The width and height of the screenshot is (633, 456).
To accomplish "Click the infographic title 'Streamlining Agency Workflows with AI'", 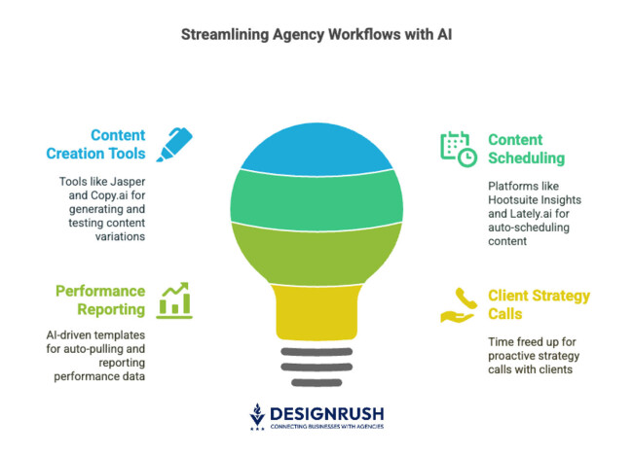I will [x=316, y=36].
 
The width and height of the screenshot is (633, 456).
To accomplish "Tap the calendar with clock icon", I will [x=457, y=148].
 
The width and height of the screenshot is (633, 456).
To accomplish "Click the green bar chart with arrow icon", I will [x=175, y=298].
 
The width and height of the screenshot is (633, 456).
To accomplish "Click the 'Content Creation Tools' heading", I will [x=106, y=144].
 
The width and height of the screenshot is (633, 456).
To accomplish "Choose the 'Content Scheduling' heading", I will [x=528, y=148].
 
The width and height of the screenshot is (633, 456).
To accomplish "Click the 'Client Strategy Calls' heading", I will [x=539, y=304].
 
